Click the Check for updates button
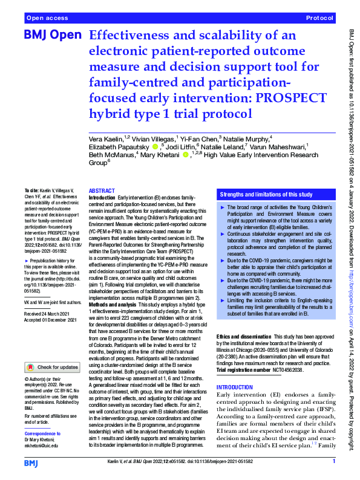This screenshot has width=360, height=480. (51, 367)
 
